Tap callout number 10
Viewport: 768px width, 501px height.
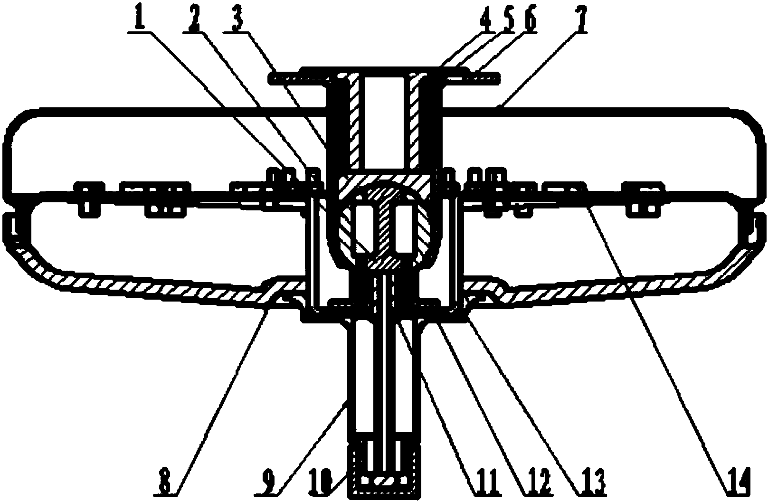click(320, 482)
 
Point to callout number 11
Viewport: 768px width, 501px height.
click(486, 482)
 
